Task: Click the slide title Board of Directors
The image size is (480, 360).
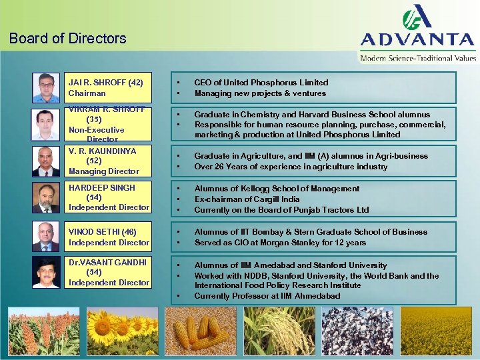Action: [x=68, y=38]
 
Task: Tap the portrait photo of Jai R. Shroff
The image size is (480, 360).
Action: [x=46, y=87]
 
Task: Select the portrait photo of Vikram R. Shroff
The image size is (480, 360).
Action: [x=46, y=125]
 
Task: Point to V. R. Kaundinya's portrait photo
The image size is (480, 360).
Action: [x=46, y=161]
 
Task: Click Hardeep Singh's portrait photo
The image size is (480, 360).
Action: [x=46, y=197]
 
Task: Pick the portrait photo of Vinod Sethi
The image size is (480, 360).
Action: [x=46, y=237]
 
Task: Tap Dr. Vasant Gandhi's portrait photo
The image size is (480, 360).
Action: [x=46, y=273]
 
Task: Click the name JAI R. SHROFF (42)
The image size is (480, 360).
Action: [x=105, y=83]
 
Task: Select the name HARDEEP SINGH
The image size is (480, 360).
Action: [x=102, y=188]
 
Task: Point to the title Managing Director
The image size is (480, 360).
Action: [x=104, y=171]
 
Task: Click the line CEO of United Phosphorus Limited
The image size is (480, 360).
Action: [x=261, y=83]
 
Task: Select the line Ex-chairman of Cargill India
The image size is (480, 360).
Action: [x=247, y=199]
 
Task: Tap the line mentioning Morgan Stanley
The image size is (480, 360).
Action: [x=280, y=243]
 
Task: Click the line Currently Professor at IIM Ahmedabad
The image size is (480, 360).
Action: [x=267, y=296]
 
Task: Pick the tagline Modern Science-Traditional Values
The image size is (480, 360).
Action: [x=418, y=58]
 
